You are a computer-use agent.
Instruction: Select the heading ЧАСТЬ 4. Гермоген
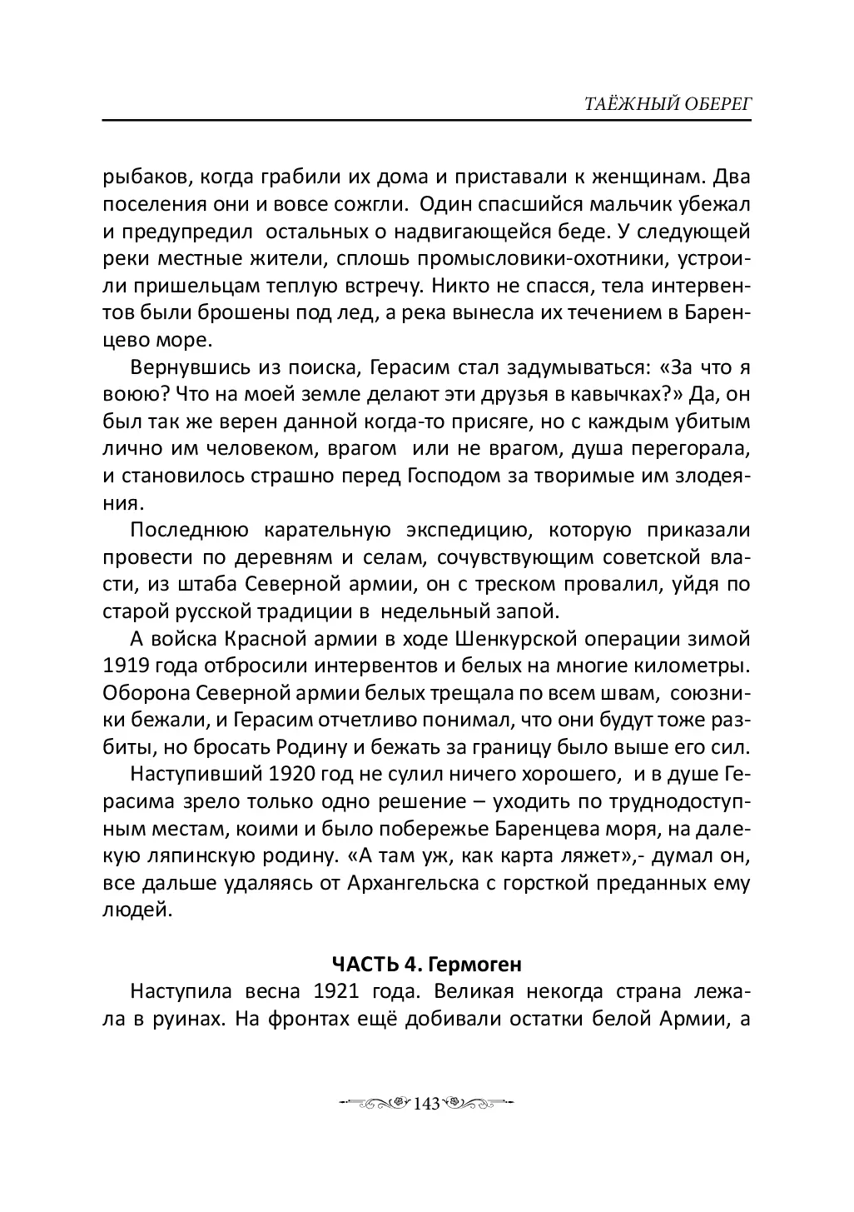pyautogui.click(x=426, y=965)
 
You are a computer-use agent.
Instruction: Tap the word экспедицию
pyautogui.click(x=464, y=531)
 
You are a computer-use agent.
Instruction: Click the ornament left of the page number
pyautogui.click(x=375, y=1105)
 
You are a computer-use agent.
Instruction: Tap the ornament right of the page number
pyautogui.click(x=478, y=1105)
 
